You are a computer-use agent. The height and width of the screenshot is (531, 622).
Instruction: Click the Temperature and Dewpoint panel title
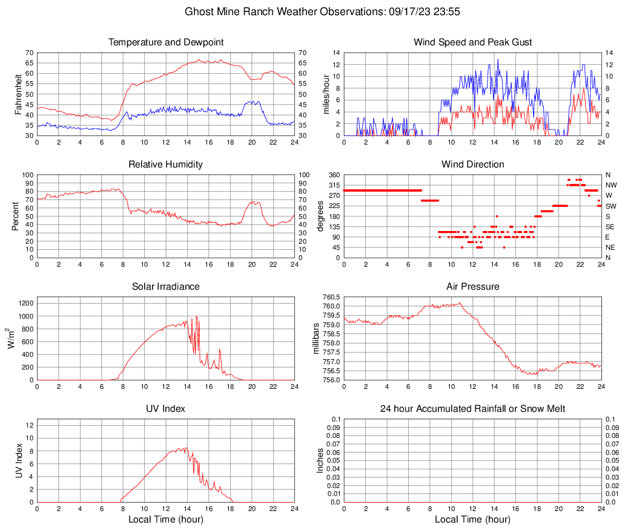[166, 42]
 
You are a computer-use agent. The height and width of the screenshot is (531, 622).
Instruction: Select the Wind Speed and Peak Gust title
[472, 42]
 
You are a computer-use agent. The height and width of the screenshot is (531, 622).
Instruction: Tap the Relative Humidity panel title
[166, 165]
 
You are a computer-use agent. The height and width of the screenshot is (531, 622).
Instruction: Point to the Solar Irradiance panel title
[166, 287]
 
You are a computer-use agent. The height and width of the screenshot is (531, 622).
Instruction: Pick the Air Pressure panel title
[472, 287]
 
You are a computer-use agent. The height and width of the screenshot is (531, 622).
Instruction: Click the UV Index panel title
[166, 409]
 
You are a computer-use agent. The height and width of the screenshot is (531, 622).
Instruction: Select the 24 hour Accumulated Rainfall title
[472, 409]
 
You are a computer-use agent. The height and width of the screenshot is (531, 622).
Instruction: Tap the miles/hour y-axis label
[326, 94]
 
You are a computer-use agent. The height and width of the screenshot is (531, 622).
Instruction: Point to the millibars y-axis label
[316, 338]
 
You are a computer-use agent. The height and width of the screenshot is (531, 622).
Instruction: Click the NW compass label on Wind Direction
[611, 185]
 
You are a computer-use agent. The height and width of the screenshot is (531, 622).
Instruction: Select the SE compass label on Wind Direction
[610, 227]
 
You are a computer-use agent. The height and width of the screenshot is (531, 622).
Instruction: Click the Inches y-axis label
[320, 460]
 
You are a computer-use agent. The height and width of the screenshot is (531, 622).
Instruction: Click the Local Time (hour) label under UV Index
[166, 520]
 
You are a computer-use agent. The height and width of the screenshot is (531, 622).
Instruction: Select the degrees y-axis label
[320, 216]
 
